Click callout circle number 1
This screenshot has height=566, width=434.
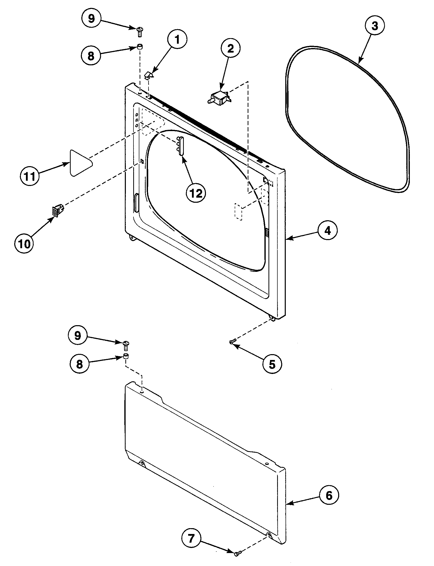click(177, 40)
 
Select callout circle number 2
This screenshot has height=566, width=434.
click(230, 48)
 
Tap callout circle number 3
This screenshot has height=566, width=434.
click(375, 26)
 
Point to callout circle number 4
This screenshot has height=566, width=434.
click(327, 230)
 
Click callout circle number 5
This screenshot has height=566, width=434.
click(272, 364)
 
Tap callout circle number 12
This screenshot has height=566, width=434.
click(196, 193)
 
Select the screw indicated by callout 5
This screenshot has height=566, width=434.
click(232, 342)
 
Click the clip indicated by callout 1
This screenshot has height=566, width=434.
click(148, 75)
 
